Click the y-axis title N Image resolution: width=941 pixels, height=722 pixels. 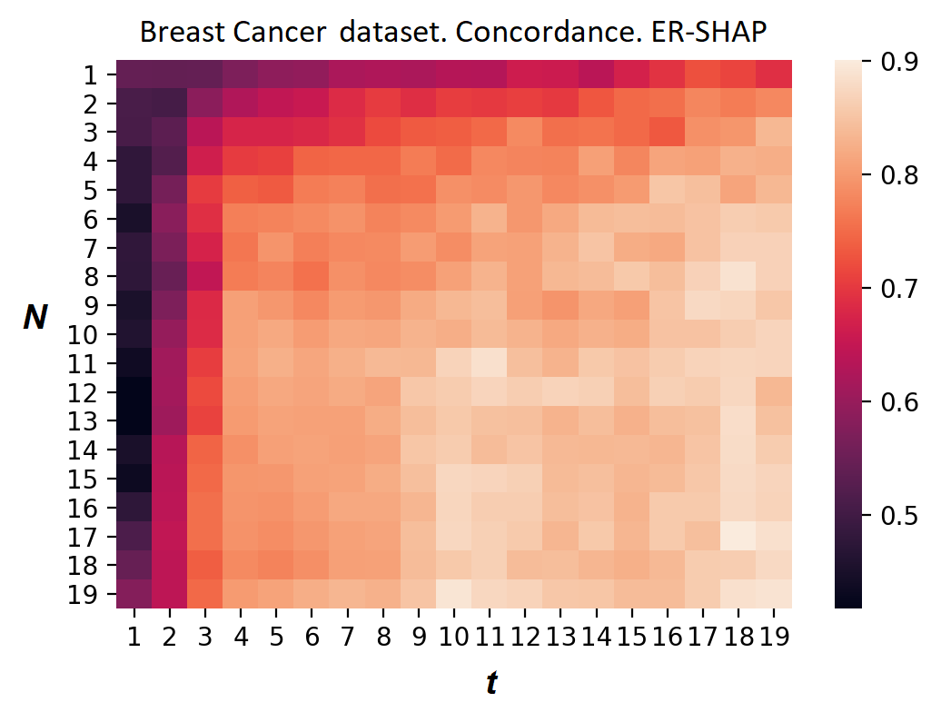35,319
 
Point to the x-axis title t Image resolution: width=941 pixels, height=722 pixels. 490,684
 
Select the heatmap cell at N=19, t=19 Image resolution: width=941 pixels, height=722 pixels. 774,594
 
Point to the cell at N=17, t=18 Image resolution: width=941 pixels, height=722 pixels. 738,537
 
